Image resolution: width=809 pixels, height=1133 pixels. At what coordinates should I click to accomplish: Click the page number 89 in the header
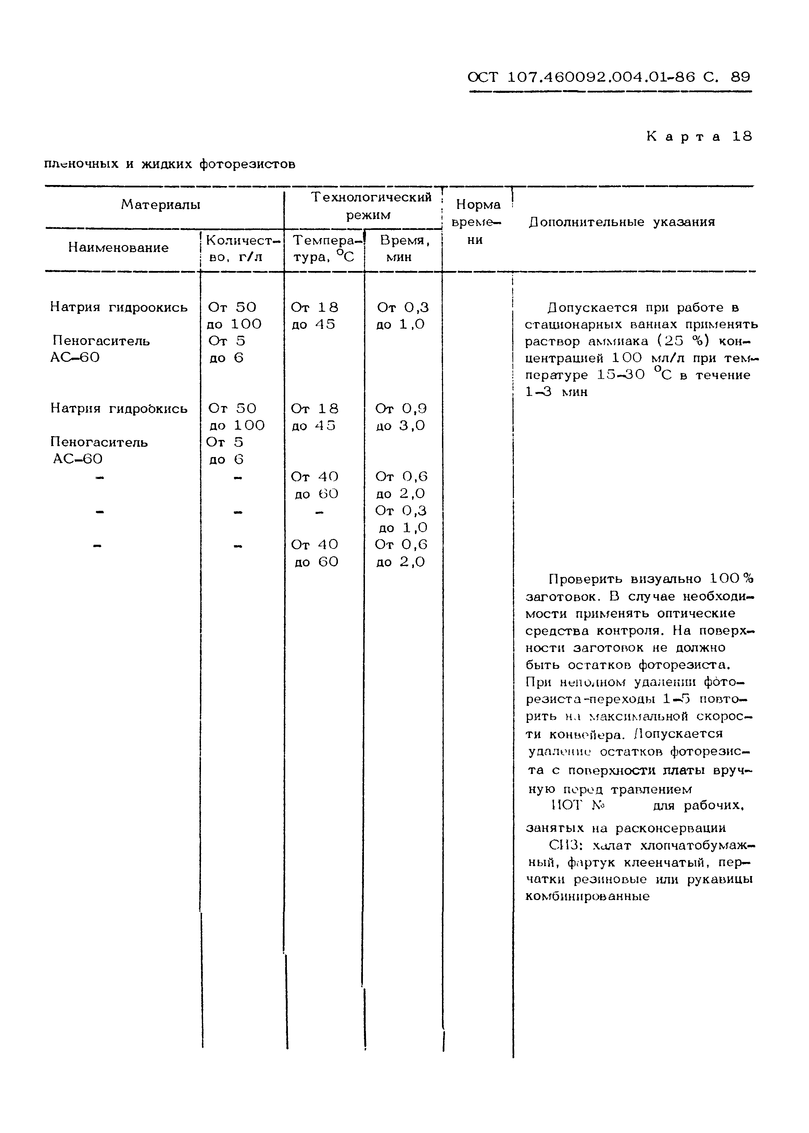(x=740, y=77)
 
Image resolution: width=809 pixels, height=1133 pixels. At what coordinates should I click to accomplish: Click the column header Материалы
(x=161, y=205)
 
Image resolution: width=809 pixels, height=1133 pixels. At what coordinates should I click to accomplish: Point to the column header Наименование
(x=118, y=248)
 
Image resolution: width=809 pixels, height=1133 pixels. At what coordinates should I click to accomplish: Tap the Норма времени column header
(x=477, y=222)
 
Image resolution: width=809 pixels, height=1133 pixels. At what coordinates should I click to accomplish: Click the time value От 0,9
(x=401, y=409)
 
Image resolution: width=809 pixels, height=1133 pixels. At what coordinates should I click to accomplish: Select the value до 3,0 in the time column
(x=401, y=426)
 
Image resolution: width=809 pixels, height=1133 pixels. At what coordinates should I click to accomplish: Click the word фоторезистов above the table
(x=247, y=164)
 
